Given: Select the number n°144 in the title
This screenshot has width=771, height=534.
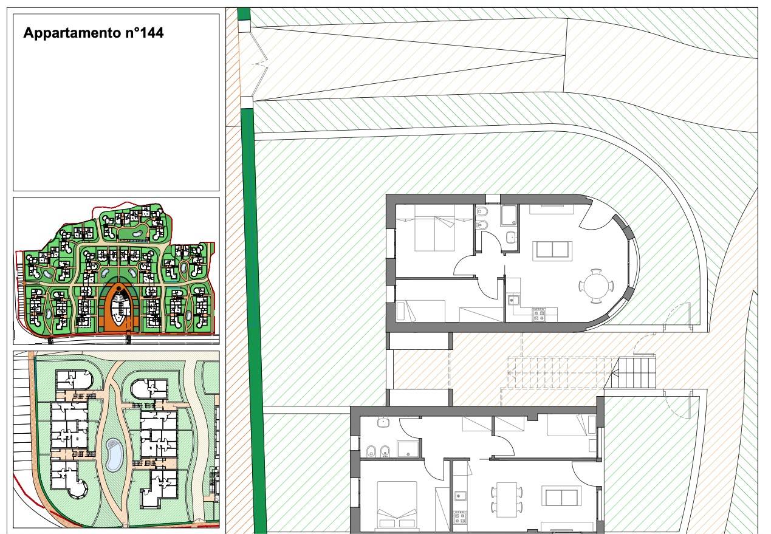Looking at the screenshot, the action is (142, 33).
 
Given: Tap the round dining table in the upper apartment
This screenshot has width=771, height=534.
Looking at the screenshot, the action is (597, 286).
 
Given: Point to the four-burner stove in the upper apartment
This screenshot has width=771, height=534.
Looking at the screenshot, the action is (540, 315).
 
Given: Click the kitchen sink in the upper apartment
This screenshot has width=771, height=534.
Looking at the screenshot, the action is (513, 300).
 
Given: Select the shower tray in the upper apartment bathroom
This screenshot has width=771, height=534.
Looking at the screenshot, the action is (509, 216).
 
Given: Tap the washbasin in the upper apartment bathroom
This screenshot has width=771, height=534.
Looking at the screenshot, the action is (511, 237).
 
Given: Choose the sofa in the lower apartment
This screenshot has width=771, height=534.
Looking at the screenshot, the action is (561, 496).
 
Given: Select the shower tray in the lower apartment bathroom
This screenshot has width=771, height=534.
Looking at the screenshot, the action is (408, 450).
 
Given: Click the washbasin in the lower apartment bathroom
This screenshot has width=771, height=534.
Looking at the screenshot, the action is (383, 422).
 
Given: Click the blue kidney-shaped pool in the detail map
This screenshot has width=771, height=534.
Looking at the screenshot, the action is (114, 454).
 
